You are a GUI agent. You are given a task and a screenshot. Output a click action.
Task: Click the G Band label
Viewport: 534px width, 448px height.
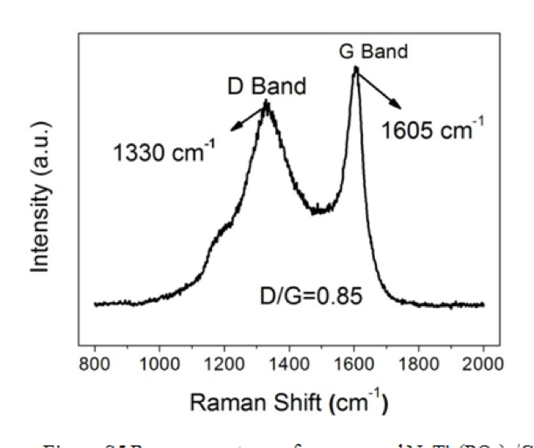tap(373, 51)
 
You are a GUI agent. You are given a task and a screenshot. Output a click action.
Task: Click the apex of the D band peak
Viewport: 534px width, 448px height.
tap(267, 103)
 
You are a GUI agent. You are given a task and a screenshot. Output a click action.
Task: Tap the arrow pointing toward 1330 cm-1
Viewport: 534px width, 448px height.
tap(249, 116)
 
